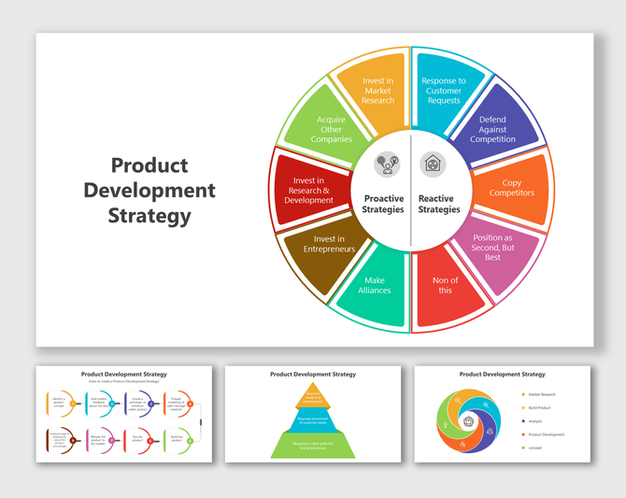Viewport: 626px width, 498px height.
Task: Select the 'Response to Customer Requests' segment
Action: pos(442,92)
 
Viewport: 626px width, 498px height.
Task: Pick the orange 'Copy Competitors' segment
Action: pos(511,187)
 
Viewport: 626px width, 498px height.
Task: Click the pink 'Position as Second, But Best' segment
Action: pos(492,248)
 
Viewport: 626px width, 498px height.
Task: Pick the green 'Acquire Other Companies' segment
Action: pos(332,130)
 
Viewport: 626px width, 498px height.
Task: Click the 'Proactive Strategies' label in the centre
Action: pos(383,204)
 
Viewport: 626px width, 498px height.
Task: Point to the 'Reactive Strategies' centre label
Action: pos(439,204)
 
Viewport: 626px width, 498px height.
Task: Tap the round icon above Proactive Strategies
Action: pos(387,165)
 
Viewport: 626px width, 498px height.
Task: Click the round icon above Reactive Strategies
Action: pos(434,164)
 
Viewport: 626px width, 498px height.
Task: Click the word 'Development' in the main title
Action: pos(149,192)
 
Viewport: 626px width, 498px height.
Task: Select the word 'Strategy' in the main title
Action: pos(149,217)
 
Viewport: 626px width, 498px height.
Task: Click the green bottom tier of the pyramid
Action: pos(313,447)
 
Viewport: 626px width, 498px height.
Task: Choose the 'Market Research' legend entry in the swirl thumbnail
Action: pos(542,394)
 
